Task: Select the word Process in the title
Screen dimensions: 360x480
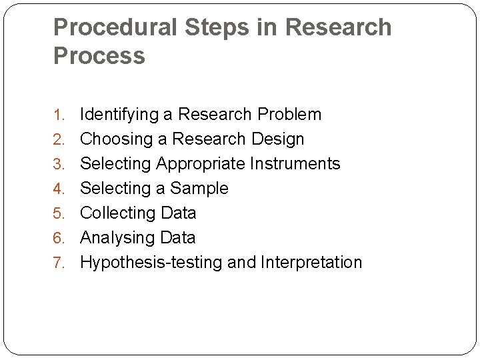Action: coord(99,56)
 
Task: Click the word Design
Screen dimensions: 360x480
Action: coord(278,139)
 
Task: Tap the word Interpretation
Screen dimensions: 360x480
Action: coord(311,263)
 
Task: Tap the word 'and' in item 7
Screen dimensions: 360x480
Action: coord(241,263)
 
